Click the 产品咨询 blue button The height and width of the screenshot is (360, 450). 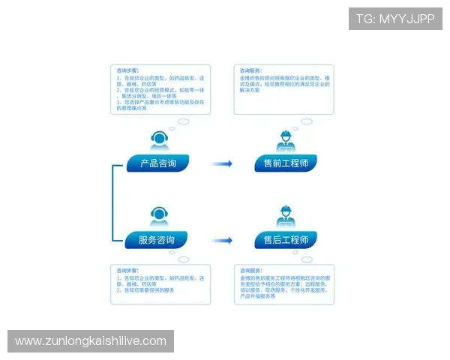[x=157, y=163]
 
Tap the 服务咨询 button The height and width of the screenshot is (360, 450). [x=157, y=240]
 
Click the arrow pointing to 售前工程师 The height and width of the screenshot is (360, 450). [x=221, y=163]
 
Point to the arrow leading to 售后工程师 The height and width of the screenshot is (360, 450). [x=221, y=240]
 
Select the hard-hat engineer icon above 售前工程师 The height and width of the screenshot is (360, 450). [x=286, y=140]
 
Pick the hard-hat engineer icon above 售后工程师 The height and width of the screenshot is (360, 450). [x=286, y=216]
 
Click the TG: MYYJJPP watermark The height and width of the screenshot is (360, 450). [x=395, y=19]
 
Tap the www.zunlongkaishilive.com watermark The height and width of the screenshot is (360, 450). [x=90, y=341]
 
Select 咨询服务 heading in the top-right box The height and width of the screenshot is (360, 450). [x=250, y=70]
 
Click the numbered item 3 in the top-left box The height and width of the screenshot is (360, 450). [x=157, y=102]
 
